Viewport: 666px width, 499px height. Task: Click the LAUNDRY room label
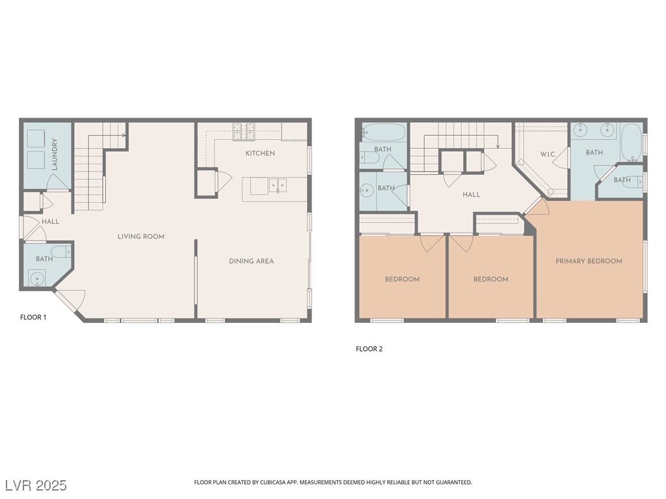(x=55, y=154)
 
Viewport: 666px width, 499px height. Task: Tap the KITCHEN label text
(x=260, y=153)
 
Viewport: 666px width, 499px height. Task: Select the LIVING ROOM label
(x=141, y=237)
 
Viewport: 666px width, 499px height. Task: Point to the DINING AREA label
(x=251, y=261)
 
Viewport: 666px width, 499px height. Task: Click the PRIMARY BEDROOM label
(x=589, y=261)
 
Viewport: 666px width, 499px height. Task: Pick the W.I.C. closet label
(x=547, y=155)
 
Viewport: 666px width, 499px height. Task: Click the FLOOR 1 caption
(x=33, y=318)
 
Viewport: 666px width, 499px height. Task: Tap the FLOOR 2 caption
(x=369, y=349)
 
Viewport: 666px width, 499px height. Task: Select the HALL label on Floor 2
(x=472, y=195)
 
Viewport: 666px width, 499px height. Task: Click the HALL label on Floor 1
(x=50, y=222)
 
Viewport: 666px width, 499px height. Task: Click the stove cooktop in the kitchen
(x=245, y=132)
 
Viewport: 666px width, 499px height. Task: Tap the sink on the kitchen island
(x=277, y=186)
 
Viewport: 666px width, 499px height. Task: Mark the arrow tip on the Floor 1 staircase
(x=124, y=136)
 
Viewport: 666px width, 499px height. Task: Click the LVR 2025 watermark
(x=36, y=485)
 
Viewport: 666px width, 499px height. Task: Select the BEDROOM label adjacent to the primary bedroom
(x=490, y=279)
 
